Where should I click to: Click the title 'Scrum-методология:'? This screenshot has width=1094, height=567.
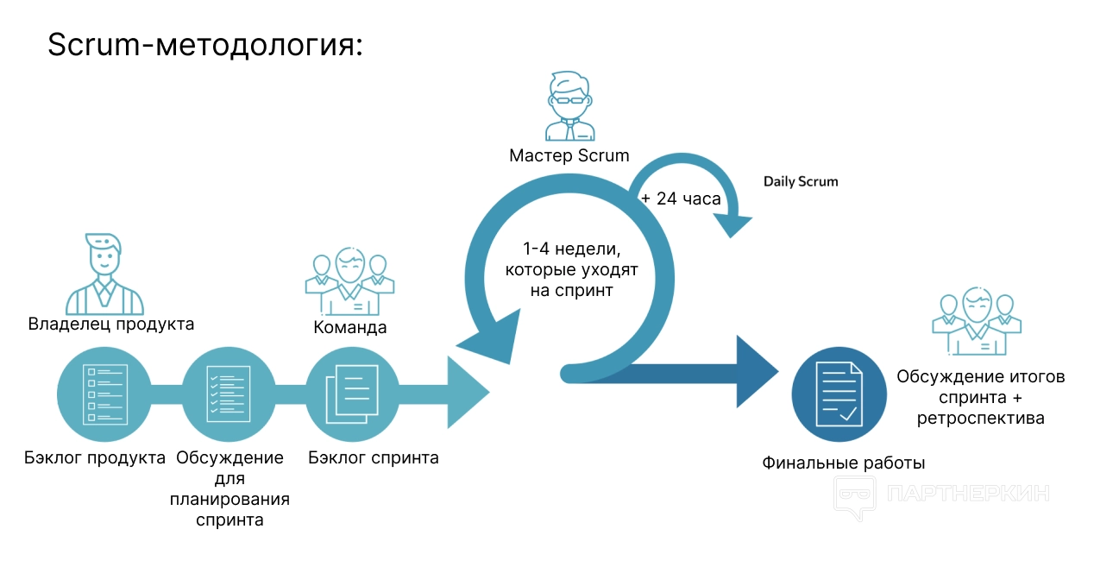click(205, 45)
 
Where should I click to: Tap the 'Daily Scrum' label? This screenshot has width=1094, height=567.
click(800, 182)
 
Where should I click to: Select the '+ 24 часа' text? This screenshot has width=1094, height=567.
click(680, 199)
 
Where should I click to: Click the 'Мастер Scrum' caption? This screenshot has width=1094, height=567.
click(569, 156)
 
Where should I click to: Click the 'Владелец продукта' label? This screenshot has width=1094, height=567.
click(111, 324)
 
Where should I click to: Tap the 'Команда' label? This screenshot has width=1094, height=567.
click(349, 328)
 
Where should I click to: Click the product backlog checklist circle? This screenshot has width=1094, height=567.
click(104, 394)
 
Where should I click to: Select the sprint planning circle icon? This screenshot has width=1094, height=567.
click(229, 394)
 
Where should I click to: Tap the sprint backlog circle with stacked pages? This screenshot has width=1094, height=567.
click(352, 394)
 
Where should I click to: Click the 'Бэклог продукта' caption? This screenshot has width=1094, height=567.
click(95, 457)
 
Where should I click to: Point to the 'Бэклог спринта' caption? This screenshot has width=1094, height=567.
click(374, 457)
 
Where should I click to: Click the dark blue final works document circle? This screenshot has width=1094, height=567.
click(839, 393)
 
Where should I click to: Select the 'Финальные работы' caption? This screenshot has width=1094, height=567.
click(843, 463)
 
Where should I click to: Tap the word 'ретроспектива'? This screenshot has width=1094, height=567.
click(981, 419)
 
